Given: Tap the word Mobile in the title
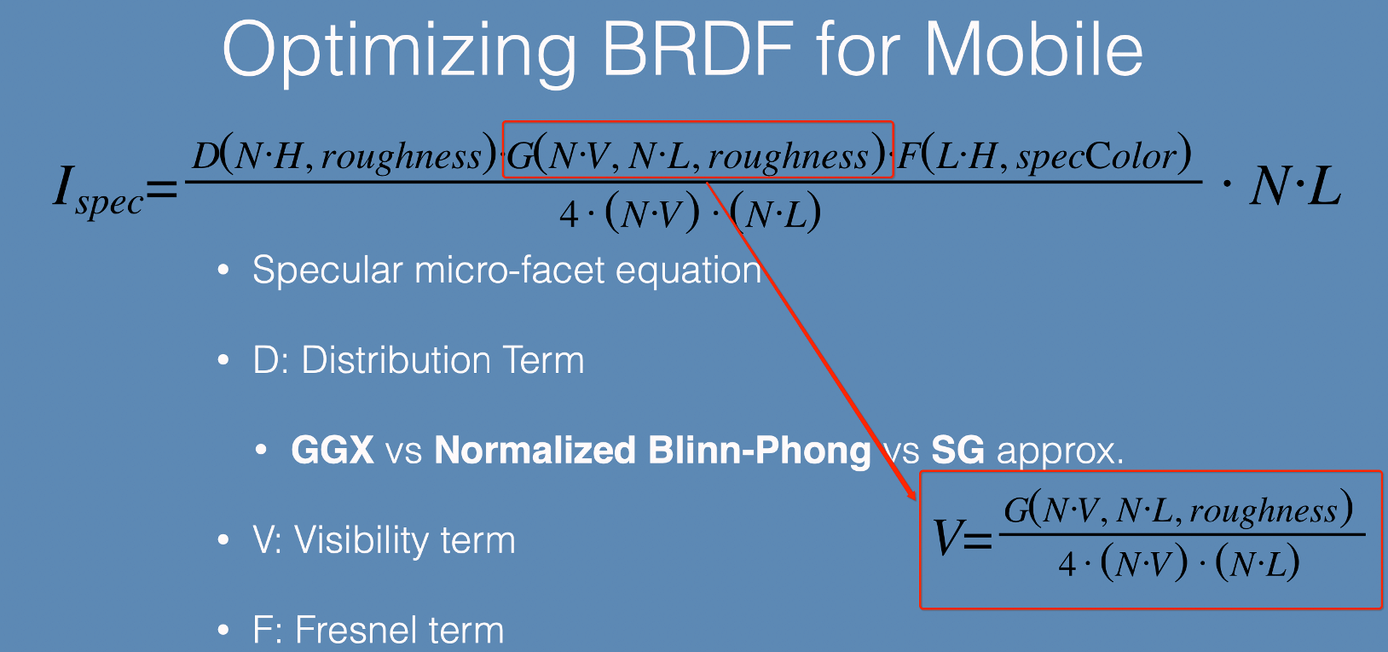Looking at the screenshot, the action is (x=1033, y=49).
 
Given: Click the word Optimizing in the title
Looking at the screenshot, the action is (x=399, y=54).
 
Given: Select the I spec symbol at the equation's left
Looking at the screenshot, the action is (x=98, y=190).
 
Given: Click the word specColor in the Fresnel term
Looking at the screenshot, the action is (x=1096, y=156).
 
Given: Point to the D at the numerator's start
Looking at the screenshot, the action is (x=205, y=155).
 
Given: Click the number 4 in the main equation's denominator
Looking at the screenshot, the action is (x=569, y=215).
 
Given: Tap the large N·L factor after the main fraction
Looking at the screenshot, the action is (x=1295, y=186).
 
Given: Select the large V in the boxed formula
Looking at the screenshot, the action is (x=947, y=538).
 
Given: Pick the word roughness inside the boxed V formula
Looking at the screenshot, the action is (x=1264, y=512).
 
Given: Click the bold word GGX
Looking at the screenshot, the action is (x=333, y=450).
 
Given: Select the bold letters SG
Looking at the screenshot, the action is (x=958, y=450).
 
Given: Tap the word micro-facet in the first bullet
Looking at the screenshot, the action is (x=509, y=271).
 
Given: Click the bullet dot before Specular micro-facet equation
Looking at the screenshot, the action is (x=223, y=270).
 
